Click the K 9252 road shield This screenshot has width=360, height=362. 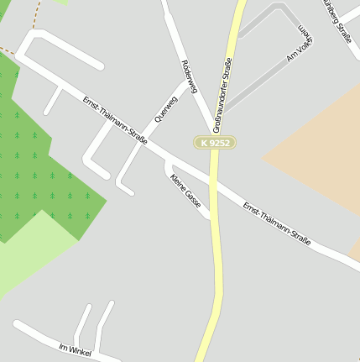[214, 143]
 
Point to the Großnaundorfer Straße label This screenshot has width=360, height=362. [222, 95]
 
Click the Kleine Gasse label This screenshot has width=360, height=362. [185, 191]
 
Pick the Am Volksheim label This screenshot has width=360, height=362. [300, 48]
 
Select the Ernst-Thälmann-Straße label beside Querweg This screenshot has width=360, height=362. [115, 121]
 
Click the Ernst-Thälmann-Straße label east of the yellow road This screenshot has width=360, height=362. [276, 223]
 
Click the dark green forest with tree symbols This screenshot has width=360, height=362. [42, 160]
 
